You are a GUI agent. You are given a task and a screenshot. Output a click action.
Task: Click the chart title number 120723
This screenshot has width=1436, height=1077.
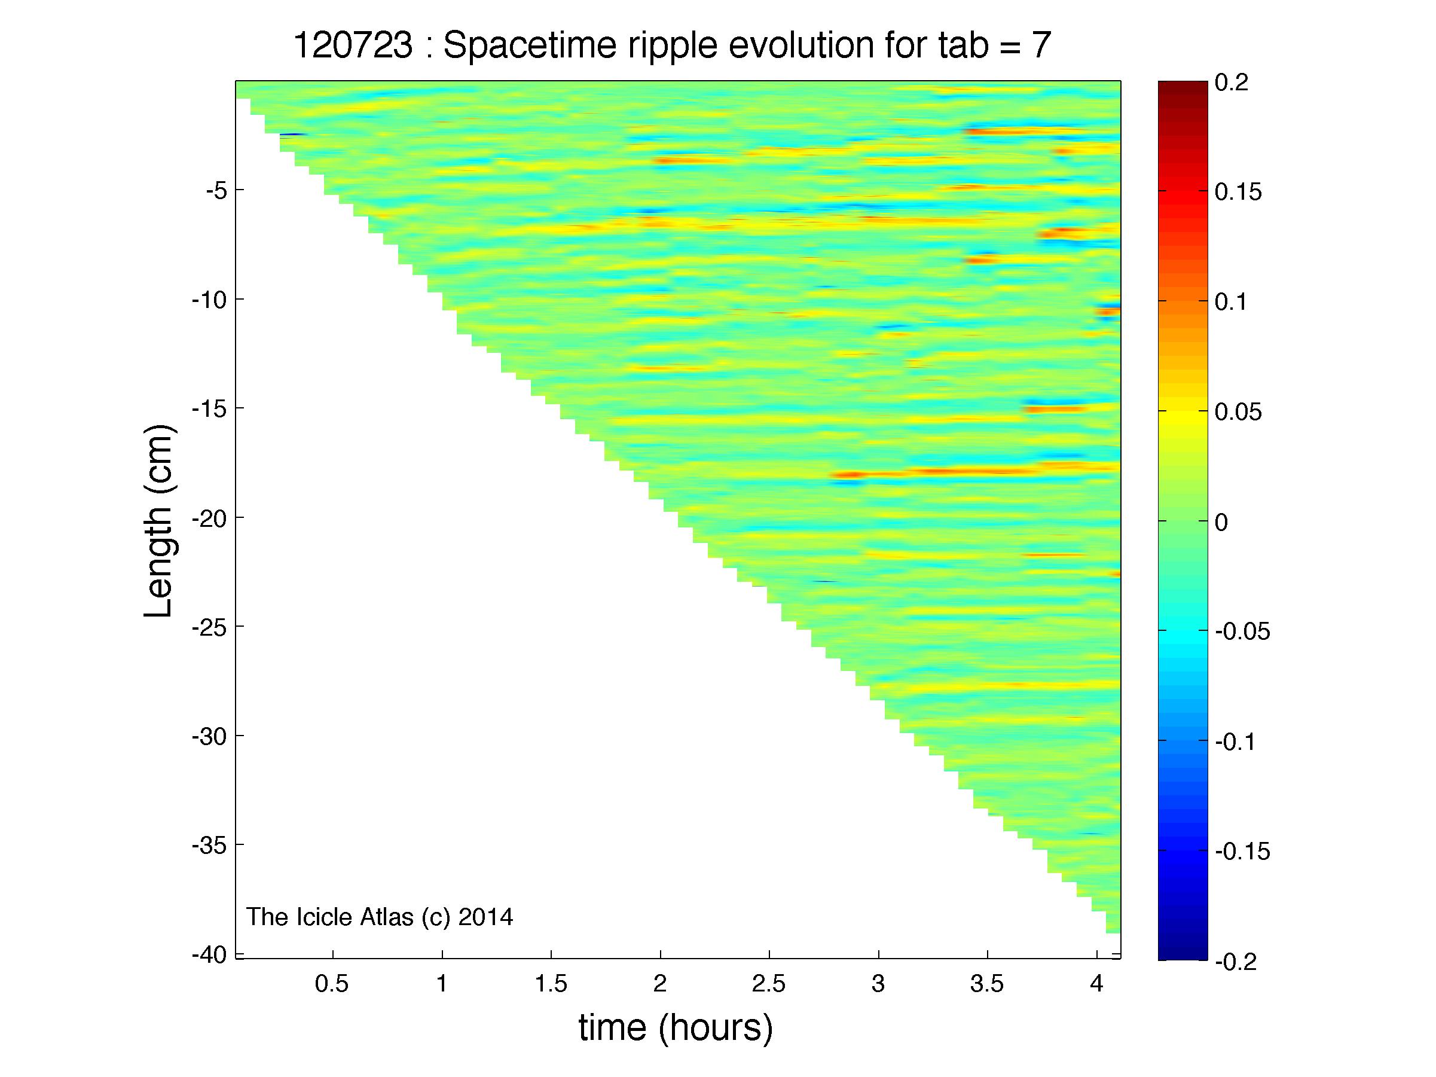(353, 46)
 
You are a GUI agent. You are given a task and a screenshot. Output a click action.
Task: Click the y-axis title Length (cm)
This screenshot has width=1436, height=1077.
(158, 521)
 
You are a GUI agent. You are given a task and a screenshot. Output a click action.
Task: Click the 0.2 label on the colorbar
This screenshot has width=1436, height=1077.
(1231, 84)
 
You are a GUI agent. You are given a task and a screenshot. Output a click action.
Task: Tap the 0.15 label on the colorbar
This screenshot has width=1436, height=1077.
(1238, 193)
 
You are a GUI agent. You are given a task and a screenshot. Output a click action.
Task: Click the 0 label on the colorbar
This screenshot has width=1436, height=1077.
(1221, 522)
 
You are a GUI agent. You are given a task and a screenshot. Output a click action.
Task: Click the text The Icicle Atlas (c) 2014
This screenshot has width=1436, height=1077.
(380, 917)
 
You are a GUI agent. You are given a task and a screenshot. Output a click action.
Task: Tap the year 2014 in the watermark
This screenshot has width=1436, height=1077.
(485, 917)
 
